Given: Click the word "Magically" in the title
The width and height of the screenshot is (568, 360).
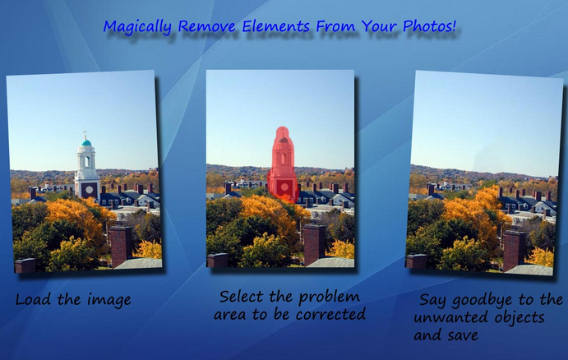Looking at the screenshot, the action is point(137,27).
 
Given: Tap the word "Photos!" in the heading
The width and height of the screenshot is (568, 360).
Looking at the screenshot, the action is point(430,25).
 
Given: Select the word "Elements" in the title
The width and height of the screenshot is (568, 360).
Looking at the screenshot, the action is point(275,26).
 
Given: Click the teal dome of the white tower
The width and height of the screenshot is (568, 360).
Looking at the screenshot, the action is point(85,142).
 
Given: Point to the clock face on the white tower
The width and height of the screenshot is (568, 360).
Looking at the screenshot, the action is point(89,189).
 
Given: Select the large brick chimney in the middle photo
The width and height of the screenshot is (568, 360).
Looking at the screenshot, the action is point(314,244).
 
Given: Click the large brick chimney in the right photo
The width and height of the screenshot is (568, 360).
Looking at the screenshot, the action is point(514,250).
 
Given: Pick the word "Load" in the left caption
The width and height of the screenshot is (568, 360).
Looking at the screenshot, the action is point(34,299).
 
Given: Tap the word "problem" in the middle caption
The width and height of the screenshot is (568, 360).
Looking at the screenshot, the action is point(330,298).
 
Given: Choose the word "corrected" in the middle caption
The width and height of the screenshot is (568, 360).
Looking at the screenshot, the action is point(330,314).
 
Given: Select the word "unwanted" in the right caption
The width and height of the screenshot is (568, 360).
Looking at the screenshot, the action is point(444,317).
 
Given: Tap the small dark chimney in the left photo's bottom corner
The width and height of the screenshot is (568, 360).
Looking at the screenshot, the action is point(25,265).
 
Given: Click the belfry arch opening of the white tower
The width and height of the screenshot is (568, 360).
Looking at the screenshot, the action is point(86,161).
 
